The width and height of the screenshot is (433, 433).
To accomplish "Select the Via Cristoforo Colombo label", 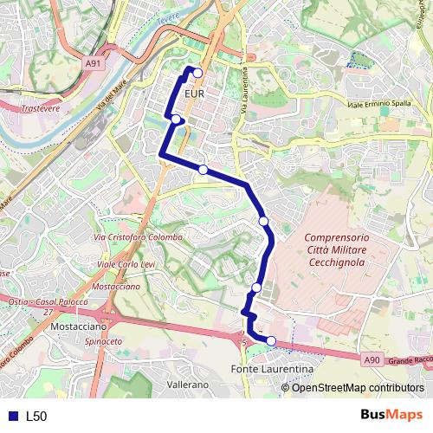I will [138, 237].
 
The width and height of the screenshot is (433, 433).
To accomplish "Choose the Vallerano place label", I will [188, 384].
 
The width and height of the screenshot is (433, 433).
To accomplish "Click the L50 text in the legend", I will [36, 417].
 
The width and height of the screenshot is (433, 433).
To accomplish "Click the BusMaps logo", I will [394, 416].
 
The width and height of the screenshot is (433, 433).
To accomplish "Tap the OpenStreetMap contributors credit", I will [358, 387].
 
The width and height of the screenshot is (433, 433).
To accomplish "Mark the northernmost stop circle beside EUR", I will [197, 73].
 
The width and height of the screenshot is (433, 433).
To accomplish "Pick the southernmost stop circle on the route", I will [271, 341].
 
